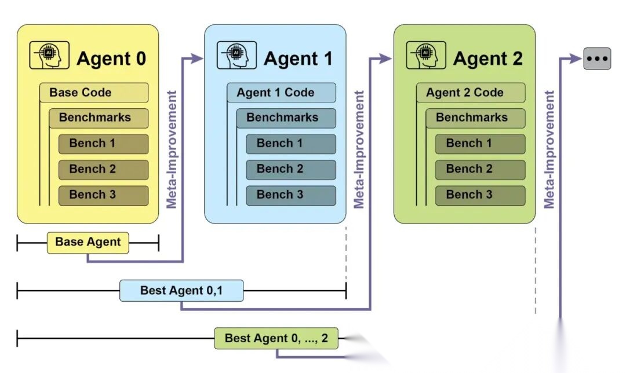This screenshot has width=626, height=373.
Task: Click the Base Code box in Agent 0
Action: (x=94, y=93)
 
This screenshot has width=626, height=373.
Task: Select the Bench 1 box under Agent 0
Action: (x=103, y=144)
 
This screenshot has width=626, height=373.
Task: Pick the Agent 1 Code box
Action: (x=281, y=93)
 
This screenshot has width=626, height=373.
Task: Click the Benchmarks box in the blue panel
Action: (x=286, y=118)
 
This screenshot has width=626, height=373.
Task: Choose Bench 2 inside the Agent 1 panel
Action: (x=290, y=169)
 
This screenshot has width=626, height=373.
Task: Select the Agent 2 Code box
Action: (x=471, y=93)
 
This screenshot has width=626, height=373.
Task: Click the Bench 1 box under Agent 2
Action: (x=480, y=144)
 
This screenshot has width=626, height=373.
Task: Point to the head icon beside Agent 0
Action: (x=49, y=56)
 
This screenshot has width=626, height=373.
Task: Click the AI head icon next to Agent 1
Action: (x=236, y=56)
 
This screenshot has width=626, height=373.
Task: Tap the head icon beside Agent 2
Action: (x=426, y=56)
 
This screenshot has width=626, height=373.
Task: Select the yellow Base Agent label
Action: (x=88, y=242)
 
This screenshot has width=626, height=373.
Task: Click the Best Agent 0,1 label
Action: (x=181, y=290)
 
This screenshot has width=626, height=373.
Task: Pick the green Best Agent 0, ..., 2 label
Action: (x=276, y=338)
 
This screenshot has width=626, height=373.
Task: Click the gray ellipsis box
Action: (x=597, y=58)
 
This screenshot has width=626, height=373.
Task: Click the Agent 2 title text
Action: (x=487, y=58)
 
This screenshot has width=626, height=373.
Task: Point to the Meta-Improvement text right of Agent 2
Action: (x=549, y=149)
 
